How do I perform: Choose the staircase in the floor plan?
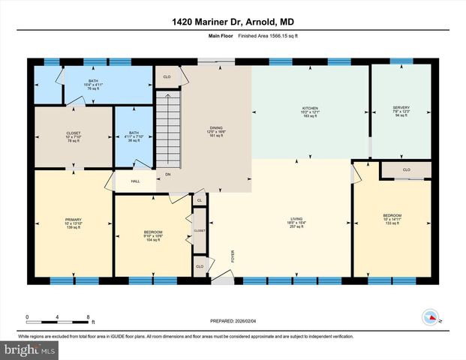click(x=168, y=127)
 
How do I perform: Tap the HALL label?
click(x=135, y=181)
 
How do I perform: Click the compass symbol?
click(x=430, y=316)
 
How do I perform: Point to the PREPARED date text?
click(x=233, y=320)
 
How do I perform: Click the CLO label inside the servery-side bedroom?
click(x=406, y=170)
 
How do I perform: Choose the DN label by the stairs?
click(x=167, y=175)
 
